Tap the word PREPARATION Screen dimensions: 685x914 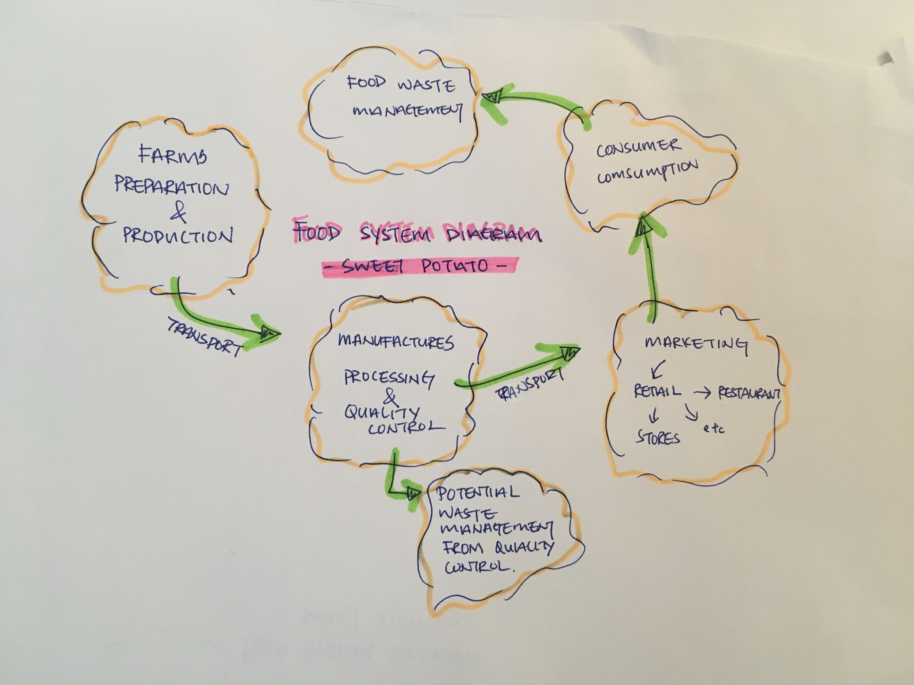point(171,187)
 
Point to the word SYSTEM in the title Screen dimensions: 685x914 point(395,234)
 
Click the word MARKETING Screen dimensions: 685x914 point(696,344)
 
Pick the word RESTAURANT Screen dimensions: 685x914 point(749,393)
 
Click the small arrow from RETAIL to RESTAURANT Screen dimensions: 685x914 point(702,393)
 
